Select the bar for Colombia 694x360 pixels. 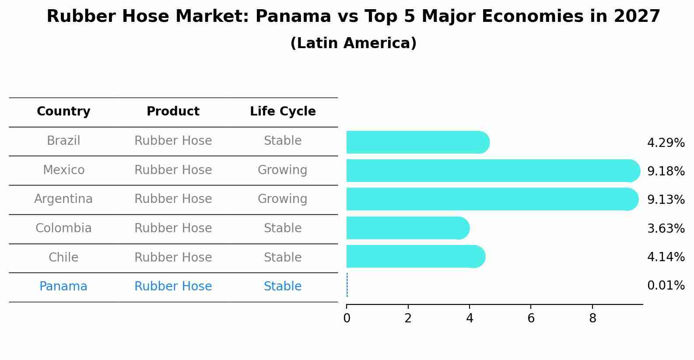[407, 228]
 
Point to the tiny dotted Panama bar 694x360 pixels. [347, 285]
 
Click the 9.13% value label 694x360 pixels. [666, 199]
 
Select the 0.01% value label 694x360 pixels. [666, 286]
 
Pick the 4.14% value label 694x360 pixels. [666, 257]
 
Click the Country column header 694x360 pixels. [63, 112]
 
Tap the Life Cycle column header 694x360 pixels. [283, 112]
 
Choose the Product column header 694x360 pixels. [173, 112]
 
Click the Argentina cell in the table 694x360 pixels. [63, 199]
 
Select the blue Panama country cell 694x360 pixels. [63, 287]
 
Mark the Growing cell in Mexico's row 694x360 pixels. [282, 170]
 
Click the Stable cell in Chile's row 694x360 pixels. [282, 257]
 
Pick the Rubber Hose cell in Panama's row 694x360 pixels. [173, 287]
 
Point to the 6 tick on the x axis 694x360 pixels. [531, 318]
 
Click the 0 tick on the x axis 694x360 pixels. [347, 318]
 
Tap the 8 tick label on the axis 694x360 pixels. [592, 318]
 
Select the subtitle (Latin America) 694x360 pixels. [353, 43]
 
